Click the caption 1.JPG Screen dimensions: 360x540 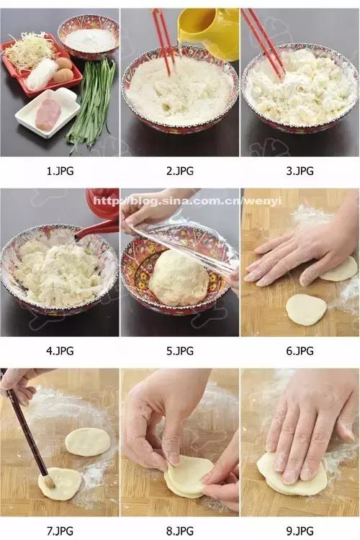60,171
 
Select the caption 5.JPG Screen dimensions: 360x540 180,351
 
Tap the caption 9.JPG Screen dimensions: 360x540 300,531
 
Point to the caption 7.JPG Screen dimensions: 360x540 60,531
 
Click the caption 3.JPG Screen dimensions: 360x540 300,171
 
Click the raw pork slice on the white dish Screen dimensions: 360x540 48,114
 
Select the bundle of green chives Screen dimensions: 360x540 92,103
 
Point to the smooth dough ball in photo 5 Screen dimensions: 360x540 179,278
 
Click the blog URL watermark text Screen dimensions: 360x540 187,201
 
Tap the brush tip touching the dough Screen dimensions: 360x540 48,482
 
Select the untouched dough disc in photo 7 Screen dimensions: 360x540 88,442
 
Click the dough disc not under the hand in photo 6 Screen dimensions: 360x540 306,310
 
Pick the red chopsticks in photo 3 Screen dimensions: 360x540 264,43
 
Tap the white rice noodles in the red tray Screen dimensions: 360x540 42,74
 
